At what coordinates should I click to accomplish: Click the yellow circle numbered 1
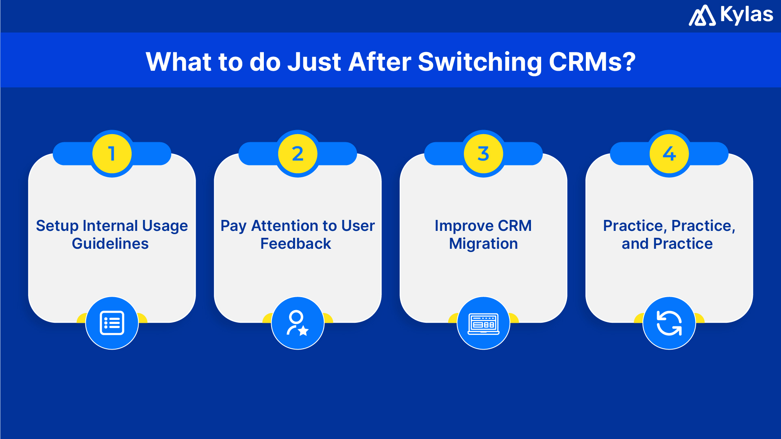pos(112,154)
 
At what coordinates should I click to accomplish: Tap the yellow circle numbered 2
pos(298,154)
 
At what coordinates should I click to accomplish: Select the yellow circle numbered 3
pos(483,154)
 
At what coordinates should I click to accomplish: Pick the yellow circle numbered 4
pos(669,154)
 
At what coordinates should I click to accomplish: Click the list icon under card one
pos(112,323)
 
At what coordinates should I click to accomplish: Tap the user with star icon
pos(298,323)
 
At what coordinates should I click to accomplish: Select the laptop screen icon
pos(483,324)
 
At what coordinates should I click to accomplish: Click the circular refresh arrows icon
pos(669,323)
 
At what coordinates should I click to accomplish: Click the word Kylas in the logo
pos(746,15)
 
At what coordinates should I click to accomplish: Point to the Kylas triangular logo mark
pos(702,16)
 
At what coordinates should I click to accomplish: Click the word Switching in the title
pos(480,62)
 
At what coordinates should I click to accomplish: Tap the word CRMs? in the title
pos(592,62)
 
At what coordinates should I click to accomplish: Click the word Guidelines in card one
pos(110,243)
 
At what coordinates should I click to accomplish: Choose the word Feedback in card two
pos(296,243)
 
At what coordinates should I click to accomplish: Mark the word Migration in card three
pos(483,243)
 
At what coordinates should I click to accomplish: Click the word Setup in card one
pos(57,226)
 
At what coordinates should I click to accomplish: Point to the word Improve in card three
pos(464,226)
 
